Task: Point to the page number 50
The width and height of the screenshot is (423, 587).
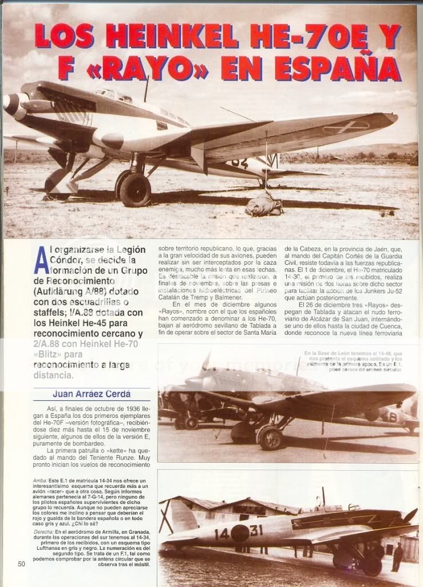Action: [x=22, y=563]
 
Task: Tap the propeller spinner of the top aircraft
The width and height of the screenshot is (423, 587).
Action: [x=11, y=104]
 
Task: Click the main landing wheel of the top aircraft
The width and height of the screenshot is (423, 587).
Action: [x=135, y=190]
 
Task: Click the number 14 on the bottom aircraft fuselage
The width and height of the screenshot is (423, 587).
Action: [x=222, y=534]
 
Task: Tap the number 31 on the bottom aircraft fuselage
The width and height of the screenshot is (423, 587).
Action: [x=256, y=530]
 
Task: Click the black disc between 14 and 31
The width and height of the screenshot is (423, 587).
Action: [x=239, y=533]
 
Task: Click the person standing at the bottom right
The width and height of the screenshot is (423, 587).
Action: [x=397, y=556]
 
